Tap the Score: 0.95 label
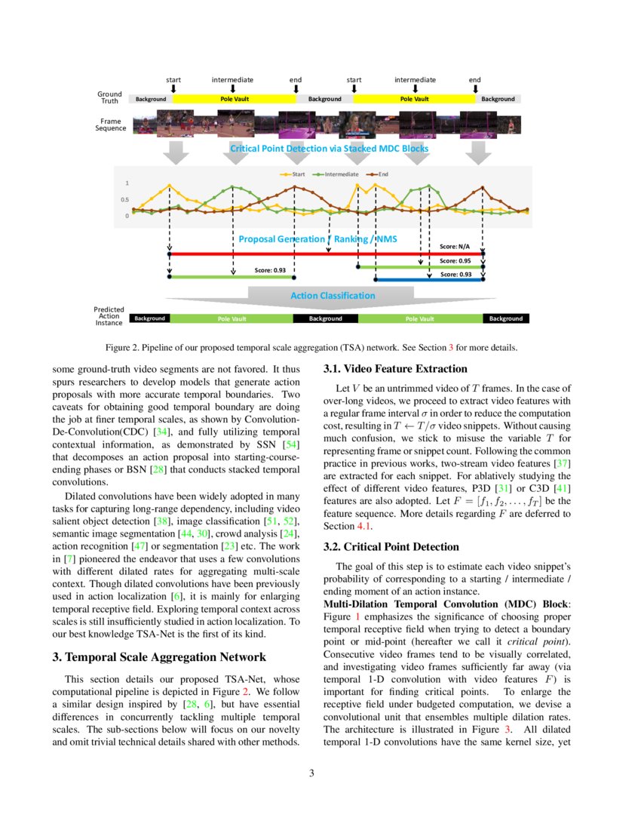point(456,261)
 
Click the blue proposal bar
point(429,280)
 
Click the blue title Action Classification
point(333,296)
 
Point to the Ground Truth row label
point(110,98)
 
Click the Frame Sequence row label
point(110,124)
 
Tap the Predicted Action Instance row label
point(109,316)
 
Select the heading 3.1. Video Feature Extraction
point(395,369)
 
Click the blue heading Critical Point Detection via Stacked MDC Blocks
point(329,149)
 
